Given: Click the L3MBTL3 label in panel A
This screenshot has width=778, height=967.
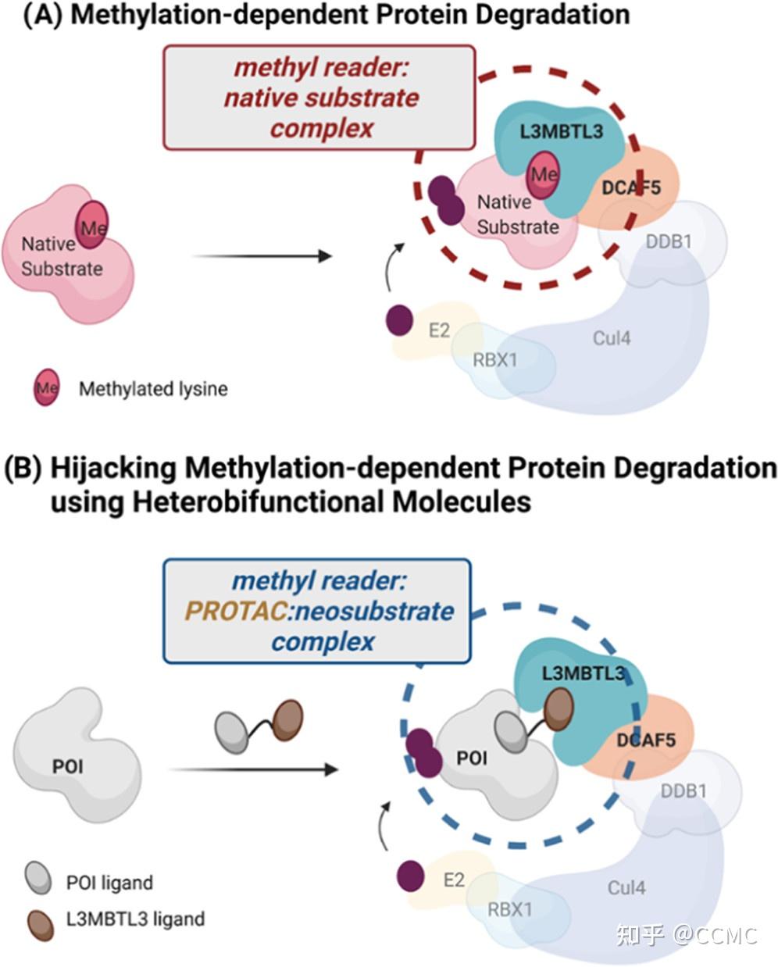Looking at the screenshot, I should coord(562,131).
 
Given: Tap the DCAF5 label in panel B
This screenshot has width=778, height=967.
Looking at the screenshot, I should coord(645,739).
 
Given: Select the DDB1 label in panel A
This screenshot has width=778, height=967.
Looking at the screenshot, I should coord(668,241).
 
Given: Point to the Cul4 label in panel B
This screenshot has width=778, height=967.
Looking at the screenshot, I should coord(626,888).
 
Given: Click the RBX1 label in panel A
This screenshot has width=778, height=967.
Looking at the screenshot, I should coord(494,360).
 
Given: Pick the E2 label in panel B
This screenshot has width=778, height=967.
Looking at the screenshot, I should coord(454,880).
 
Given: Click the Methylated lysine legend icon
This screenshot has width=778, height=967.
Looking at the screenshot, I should coord(46,388).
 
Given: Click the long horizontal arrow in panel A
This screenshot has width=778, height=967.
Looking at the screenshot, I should coord(262,255).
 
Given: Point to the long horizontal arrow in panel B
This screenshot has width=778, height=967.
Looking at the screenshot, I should coord(253,769).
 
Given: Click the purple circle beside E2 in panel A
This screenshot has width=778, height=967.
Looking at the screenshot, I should coord(400,320).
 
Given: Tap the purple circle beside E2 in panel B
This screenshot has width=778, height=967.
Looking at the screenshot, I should coord(411,876).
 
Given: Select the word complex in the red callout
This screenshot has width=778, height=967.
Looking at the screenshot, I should coord(321,128).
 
